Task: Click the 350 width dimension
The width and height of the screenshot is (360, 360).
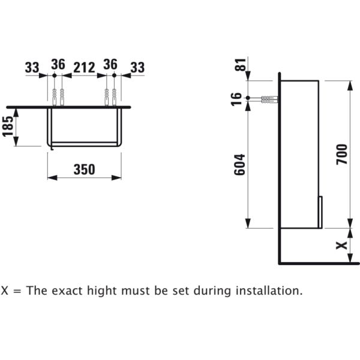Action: (84, 169)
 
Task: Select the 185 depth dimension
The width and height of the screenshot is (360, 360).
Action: (8, 126)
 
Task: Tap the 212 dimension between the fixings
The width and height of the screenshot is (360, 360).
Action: (84, 67)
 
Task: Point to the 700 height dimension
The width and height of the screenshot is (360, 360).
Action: (341, 154)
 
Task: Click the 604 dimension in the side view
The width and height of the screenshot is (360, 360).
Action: (239, 165)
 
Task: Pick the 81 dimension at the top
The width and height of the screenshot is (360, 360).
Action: (240, 65)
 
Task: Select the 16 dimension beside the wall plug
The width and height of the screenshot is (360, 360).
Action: (236, 99)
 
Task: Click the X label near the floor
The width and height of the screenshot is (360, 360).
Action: (341, 245)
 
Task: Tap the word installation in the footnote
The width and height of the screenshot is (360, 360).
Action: (269, 290)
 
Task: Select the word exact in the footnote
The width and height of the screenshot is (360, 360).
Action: (67, 291)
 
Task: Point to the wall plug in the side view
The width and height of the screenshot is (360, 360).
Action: (269, 100)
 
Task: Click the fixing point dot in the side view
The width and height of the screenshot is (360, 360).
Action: (248, 98)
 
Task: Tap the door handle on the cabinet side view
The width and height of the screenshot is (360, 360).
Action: (320, 212)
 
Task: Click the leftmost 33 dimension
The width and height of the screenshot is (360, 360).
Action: (32, 67)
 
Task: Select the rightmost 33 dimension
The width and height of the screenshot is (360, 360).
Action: (137, 67)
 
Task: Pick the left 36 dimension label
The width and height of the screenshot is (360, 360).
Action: (58, 64)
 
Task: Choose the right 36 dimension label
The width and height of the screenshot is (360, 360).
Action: (110, 64)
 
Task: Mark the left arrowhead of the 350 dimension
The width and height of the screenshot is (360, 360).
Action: (52, 178)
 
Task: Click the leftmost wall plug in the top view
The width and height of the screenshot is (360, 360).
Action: (55, 97)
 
